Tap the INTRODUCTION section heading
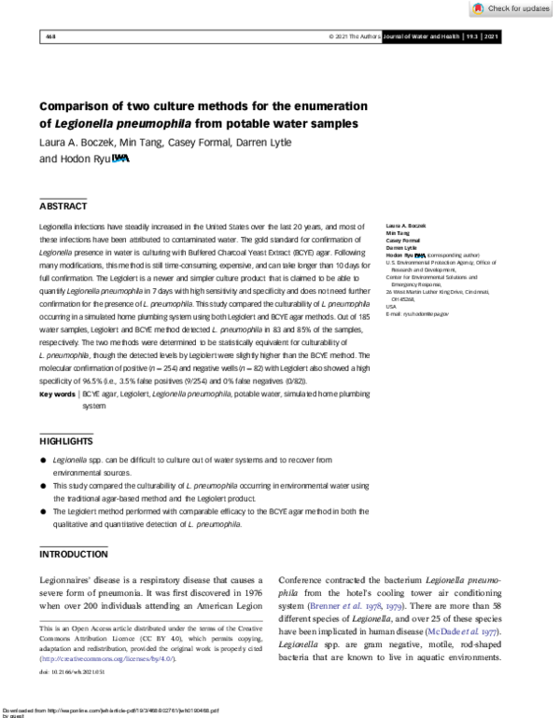(74, 554)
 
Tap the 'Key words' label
(57, 395)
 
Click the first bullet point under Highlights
(44, 461)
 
